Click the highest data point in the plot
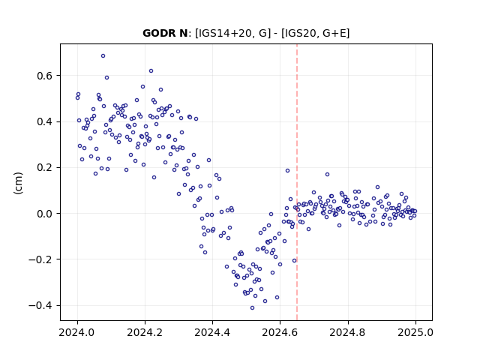point(103,56)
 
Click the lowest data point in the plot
point(252,308)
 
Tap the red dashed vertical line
point(297,182)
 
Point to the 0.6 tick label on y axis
point(44,76)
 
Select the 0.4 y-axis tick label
point(44,121)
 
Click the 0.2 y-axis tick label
point(44,167)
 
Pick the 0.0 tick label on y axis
point(44,213)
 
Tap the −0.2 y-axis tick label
point(40,259)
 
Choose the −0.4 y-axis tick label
point(40,305)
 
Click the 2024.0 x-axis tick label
point(77,332)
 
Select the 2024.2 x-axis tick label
point(145,332)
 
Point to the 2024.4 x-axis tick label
point(212,332)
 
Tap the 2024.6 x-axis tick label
point(280,332)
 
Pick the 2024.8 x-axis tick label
point(348,332)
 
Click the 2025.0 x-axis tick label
point(415,332)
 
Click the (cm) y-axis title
point(18,183)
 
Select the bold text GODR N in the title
point(165,33)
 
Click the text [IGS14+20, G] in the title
point(233,33)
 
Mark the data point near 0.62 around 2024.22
point(151,71)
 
